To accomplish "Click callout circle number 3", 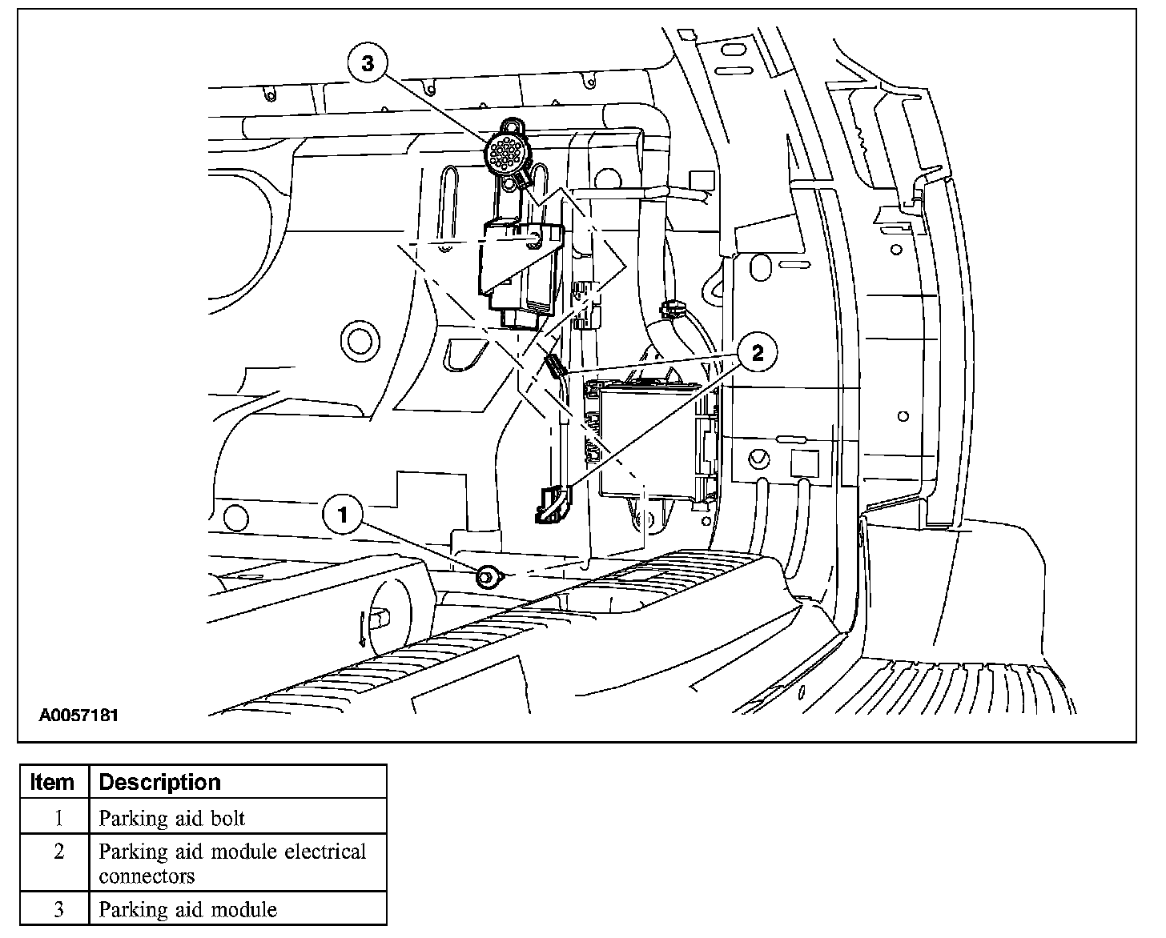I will click(368, 63).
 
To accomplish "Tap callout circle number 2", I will click(758, 352).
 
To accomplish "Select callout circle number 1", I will click(344, 515).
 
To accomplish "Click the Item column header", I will click(52, 782).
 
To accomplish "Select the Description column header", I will click(159, 782).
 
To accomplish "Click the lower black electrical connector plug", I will click(553, 504).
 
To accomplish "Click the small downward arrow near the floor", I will click(363, 628).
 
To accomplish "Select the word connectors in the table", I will click(147, 876).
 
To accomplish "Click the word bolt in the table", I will click(227, 818).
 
